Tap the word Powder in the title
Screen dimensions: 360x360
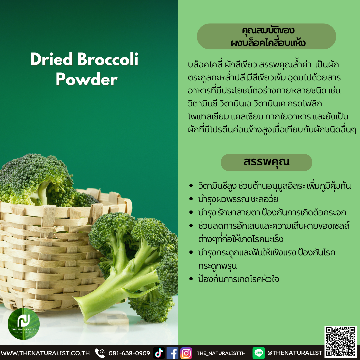(x=86, y=79)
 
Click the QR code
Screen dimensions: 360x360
(x=341, y=342)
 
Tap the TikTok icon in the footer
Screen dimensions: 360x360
(x=159, y=353)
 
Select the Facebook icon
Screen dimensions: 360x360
(x=172, y=353)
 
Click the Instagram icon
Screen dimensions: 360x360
(x=186, y=353)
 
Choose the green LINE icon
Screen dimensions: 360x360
(x=259, y=353)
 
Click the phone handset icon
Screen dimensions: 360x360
(x=100, y=353)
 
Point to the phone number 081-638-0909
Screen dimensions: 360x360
(x=129, y=353)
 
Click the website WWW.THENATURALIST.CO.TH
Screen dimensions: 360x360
(x=45, y=353)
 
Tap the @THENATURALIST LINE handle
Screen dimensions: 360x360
(x=295, y=353)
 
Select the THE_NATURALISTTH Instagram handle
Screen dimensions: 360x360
(x=221, y=353)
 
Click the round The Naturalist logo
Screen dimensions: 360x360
(x=24, y=323)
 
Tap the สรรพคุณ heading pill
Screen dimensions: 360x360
(x=266, y=162)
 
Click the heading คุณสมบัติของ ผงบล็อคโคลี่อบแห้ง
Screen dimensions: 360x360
(x=266, y=36)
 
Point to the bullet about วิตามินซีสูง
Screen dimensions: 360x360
(x=274, y=186)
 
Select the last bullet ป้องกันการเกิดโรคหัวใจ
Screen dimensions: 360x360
(x=238, y=279)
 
